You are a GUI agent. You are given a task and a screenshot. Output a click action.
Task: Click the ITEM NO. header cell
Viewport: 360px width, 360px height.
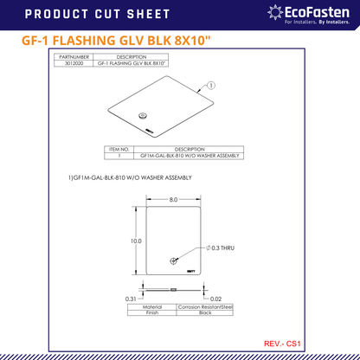118,148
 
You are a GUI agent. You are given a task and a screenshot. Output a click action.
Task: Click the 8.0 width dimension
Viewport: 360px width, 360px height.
173,199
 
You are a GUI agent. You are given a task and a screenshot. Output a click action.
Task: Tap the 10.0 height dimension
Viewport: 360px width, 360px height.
136,241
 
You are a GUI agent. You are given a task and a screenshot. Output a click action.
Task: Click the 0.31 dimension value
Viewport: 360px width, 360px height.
130,299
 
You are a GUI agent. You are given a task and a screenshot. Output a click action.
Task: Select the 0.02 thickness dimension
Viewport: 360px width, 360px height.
215,299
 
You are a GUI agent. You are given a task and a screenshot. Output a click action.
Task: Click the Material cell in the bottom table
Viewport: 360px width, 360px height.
151,306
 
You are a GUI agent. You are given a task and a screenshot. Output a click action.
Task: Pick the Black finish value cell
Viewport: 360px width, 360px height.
204,312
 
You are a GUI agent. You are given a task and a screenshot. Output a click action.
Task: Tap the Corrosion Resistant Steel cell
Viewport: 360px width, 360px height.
204,306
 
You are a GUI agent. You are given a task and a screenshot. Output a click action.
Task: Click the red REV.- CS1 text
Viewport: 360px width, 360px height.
282,344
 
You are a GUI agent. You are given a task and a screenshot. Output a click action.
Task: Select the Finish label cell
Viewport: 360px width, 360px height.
151,312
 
